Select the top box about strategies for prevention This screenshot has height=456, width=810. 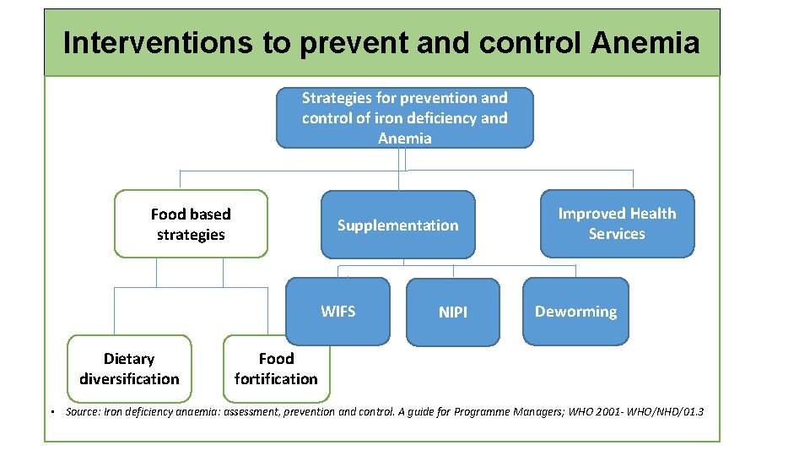click(x=405, y=118)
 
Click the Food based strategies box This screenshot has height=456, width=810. click(x=191, y=224)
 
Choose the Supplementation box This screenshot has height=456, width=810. click(x=397, y=225)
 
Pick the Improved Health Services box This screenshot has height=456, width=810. click(x=617, y=224)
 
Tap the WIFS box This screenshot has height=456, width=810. click(x=338, y=312)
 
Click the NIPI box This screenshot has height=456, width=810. click(x=453, y=312)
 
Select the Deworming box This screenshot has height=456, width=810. click(x=575, y=312)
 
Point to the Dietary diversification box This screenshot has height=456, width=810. click(x=129, y=369)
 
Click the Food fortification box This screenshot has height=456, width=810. click(x=276, y=369)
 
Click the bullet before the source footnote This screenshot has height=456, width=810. click(x=52, y=412)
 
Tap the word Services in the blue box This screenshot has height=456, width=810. click(x=617, y=234)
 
